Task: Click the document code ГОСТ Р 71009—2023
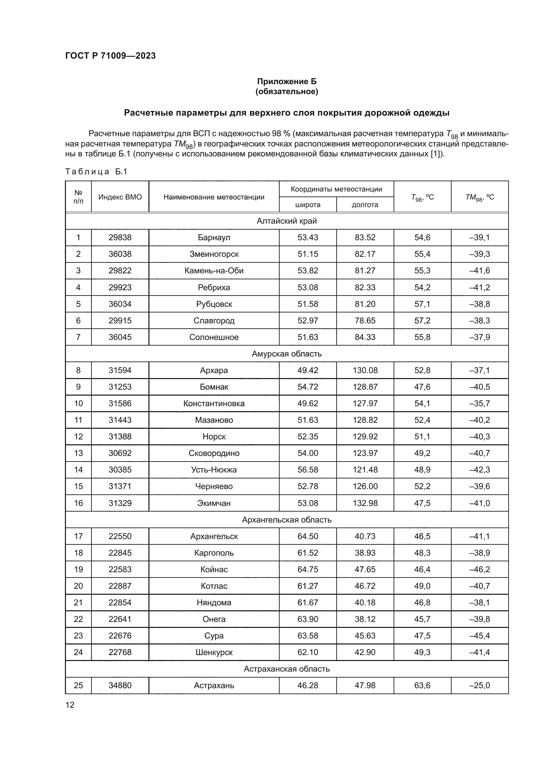click(110, 56)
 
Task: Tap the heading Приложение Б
click(287, 82)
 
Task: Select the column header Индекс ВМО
click(120, 197)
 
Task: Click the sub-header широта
click(307, 205)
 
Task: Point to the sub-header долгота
click(365, 205)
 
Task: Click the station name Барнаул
click(214, 238)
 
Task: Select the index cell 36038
click(120, 254)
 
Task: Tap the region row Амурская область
click(287, 354)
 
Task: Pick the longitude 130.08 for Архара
click(365, 370)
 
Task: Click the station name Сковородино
click(214, 453)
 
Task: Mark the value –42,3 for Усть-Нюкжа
click(479, 470)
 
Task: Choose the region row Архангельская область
click(287, 520)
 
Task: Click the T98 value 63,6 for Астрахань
click(422, 686)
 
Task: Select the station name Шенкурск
click(214, 652)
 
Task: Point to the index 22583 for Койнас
click(120, 570)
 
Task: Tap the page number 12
click(70, 705)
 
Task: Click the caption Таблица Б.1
click(96, 172)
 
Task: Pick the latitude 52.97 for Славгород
click(307, 321)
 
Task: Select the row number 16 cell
click(78, 503)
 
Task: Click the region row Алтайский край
click(287, 221)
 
